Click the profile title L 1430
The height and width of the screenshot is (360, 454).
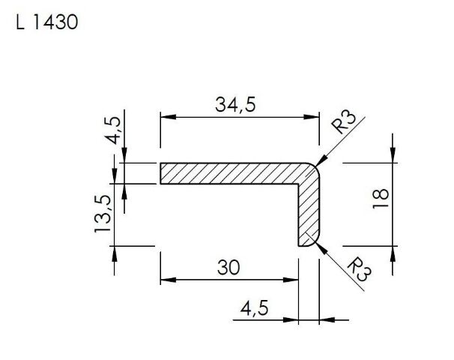[x=47, y=22]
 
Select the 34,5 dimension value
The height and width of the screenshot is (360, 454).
[x=235, y=105]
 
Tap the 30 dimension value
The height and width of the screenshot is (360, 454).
[x=228, y=267]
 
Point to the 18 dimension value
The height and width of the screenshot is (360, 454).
[x=381, y=199]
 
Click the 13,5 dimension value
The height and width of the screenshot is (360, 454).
[x=103, y=214]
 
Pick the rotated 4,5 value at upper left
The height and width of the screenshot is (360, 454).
[x=112, y=130]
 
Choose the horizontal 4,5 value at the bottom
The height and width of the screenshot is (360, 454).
[x=254, y=307]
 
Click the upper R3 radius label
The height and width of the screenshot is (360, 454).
[x=344, y=121]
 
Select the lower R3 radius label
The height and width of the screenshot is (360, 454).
[x=360, y=269]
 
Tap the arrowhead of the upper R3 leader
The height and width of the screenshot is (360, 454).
[x=321, y=160]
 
